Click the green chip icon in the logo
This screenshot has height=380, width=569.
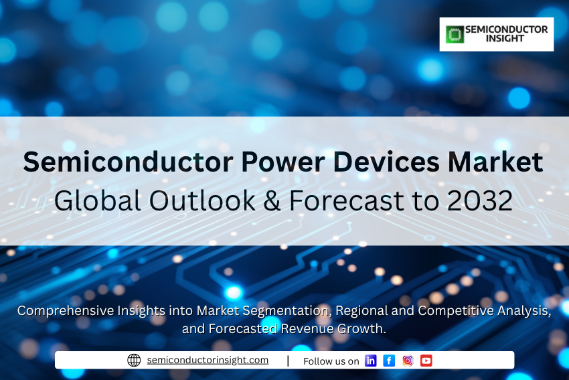pyautogui.click(x=455, y=34)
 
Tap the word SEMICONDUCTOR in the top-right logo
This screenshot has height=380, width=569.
pyautogui.click(x=507, y=29)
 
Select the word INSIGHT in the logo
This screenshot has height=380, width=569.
pyautogui.click(x=505, y=38)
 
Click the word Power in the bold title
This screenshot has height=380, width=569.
pyautogui.click(x=282, y=162)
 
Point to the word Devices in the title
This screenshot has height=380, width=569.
pyautogui.click(x=386, y=162)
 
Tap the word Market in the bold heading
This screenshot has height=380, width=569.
pyautogui.click(x=495, y=162)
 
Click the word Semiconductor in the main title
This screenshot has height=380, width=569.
pyautogui.click(x=128, y=162)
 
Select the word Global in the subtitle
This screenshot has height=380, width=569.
pyautogui.click(x=98, y=200)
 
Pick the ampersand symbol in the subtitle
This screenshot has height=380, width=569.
pyautogui.click(x=272, y=200)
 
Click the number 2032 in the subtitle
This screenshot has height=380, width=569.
pyautogui.click(x=480, y=200)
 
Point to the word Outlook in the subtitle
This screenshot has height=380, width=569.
pyautogui.click(x=202, y=200)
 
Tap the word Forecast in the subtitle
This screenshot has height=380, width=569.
pyautogui.click(x=347, y=200)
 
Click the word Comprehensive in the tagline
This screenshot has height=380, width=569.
pyautogui.click(x=66, y=311)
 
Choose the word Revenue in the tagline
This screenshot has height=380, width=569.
pyautogui.click(x=307, y=328)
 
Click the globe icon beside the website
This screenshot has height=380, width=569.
pyautogui.click(x=134, y=361)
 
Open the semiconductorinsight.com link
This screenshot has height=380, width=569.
pyautogui.click(x=208, y=360)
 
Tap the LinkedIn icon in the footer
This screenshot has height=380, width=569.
pyautogui.click(x=370, y=361)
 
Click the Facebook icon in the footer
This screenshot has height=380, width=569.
pyautogui.click(x=389, y=361)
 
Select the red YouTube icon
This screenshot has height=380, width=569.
pyautogui.click(x=426, y=361)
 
